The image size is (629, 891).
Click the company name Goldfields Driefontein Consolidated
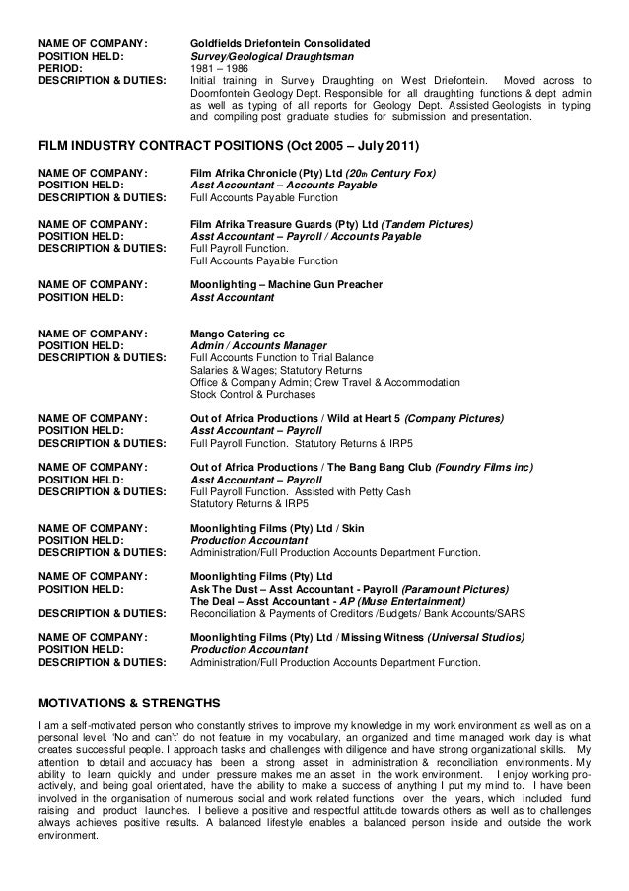click(279, 45)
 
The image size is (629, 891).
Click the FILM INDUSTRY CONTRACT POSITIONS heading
click(229, 147)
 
